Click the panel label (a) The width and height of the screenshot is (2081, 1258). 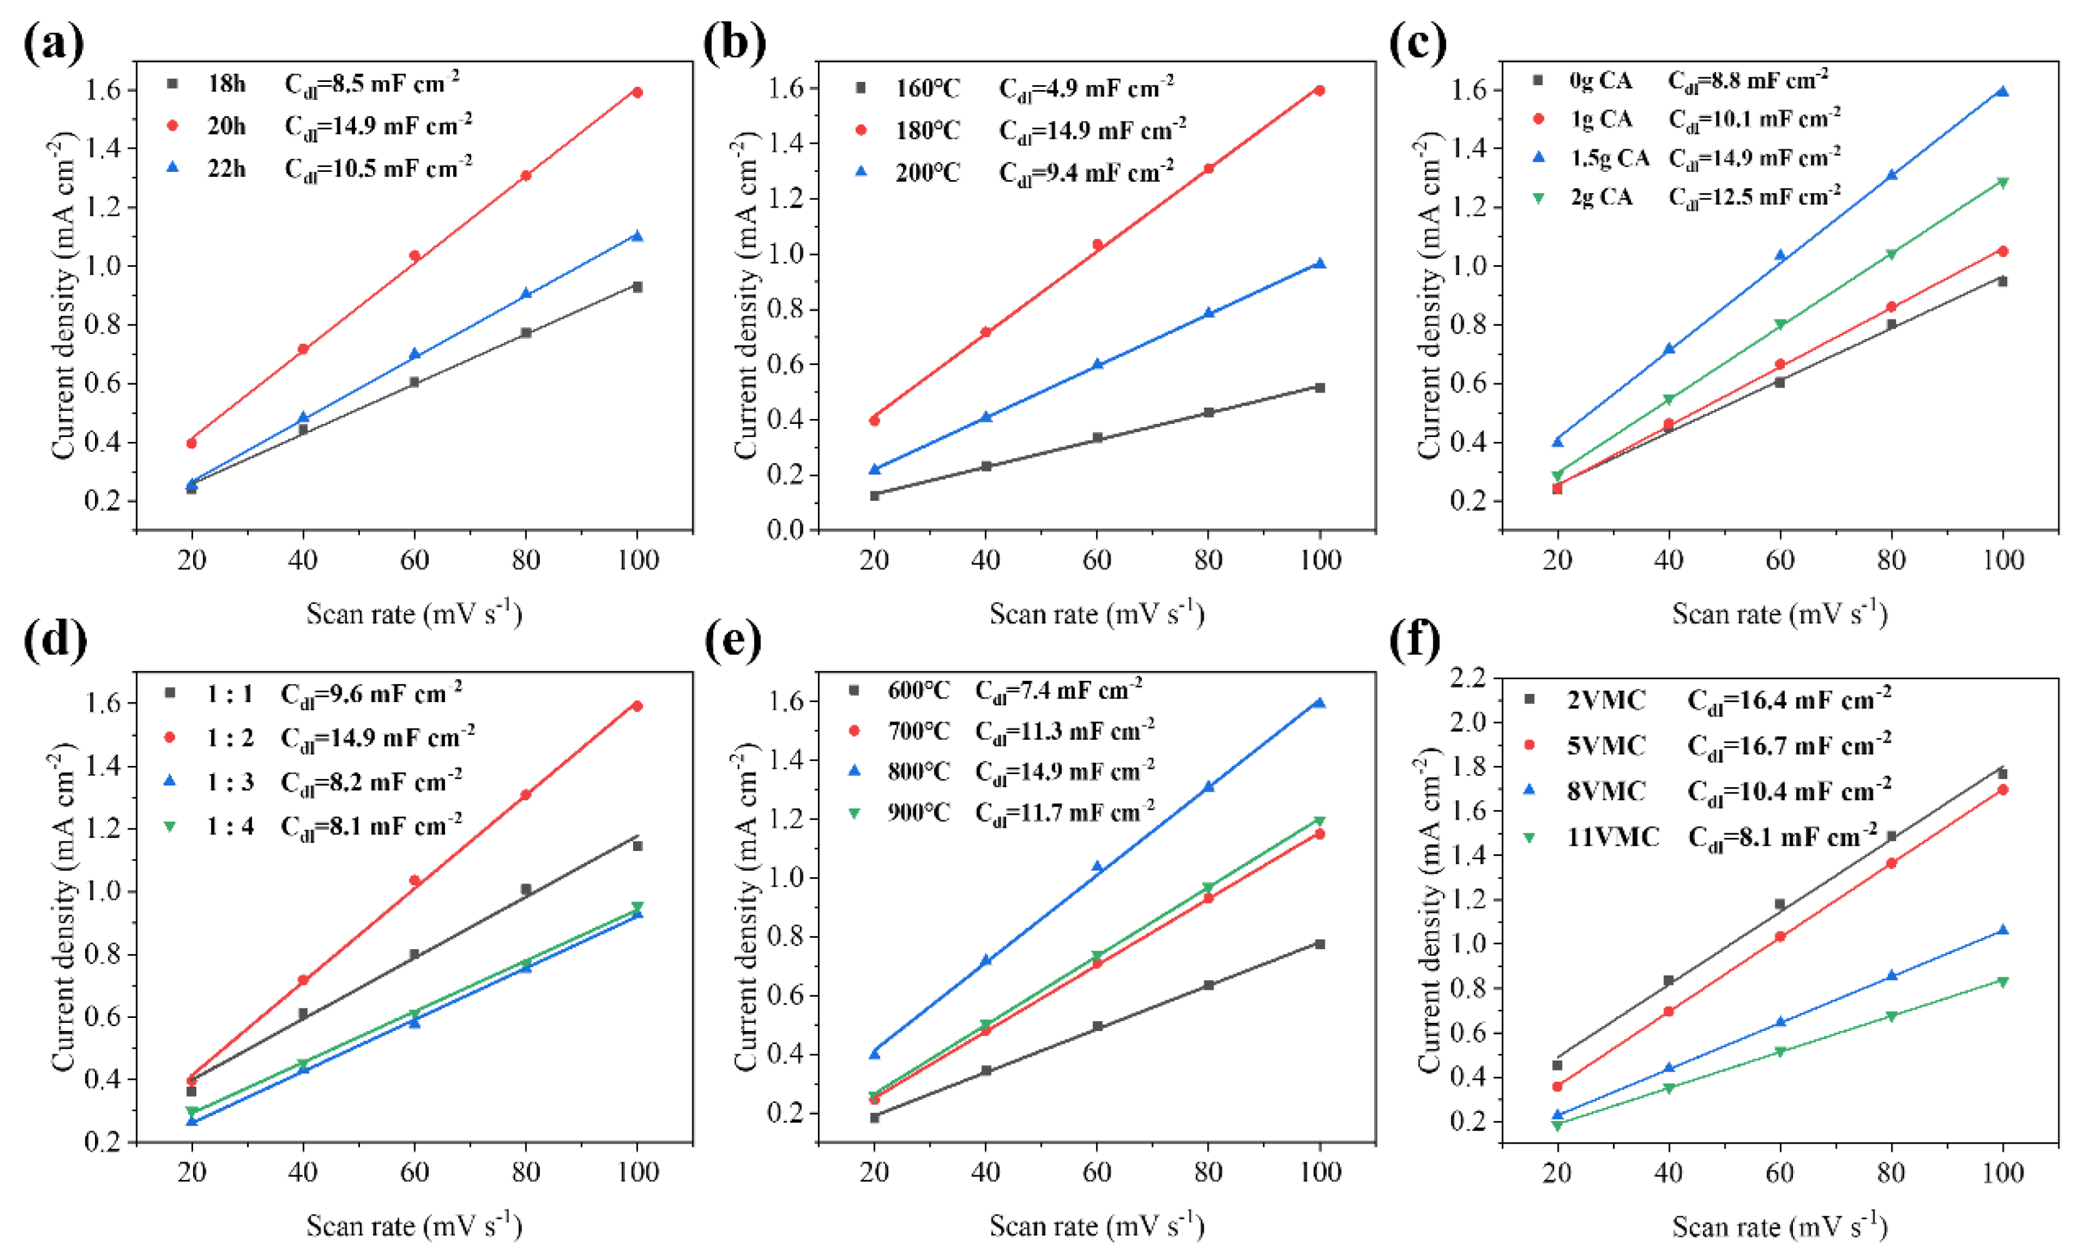point(53,43)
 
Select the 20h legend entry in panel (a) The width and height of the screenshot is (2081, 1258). point(226,126)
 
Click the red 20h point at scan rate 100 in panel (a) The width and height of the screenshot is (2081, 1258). point(637,92)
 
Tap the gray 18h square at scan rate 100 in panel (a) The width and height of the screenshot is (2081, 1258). point(637,287)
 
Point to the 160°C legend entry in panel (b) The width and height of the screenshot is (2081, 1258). point(927,88)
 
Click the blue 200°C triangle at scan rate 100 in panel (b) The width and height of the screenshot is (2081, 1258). point(1320,264)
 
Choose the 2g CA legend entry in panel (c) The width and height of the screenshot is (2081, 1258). point(1601,197)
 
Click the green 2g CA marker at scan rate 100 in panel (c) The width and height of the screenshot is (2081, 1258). point(2002,183)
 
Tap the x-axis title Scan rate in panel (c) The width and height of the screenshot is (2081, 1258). point(1779,613)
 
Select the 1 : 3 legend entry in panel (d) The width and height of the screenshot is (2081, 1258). point(230,782)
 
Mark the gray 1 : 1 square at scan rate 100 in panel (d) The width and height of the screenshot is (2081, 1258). point(637,846)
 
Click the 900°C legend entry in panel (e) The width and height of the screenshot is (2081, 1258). point(918,812)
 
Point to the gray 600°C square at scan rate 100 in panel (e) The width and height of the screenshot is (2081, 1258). point(1320,944)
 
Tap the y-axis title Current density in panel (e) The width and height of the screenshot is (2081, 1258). point(746,908)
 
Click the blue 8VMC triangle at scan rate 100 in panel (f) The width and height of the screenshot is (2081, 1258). point(2002,930)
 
